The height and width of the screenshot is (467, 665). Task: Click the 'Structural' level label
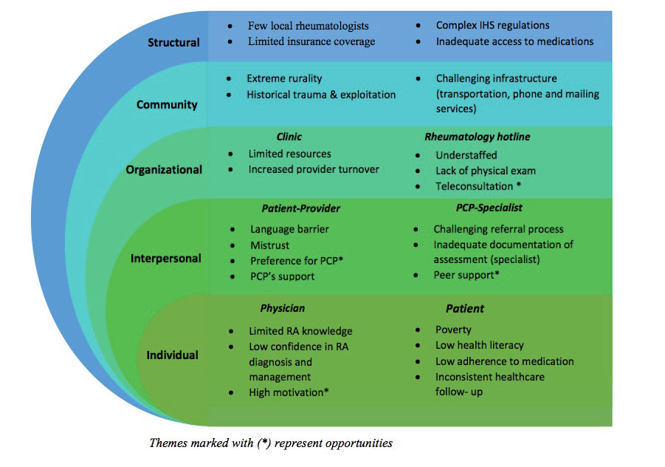pos(173,42)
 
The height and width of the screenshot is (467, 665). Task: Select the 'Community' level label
pos(167,104)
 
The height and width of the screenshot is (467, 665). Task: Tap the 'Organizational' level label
pos(164,169)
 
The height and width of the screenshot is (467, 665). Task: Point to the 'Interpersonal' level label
pos(166,259)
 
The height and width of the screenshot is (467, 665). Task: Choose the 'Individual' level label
pos(172,355)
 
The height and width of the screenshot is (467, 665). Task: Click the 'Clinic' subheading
pos(289,137)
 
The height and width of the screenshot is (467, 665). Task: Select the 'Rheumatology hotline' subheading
pos(477,137)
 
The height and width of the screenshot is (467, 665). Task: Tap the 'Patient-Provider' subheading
pos(300,208)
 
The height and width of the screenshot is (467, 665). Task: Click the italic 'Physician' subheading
pos(282,308)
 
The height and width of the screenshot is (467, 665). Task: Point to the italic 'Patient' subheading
pos(464,308)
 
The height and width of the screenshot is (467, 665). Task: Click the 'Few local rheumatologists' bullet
pos(308,26)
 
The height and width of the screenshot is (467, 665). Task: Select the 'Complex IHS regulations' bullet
pos(492,26)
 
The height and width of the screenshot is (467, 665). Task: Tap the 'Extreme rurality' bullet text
pos(284,78)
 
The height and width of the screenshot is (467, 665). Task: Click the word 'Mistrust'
pos(269,245)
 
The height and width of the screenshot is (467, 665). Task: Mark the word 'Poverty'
pos(453,330)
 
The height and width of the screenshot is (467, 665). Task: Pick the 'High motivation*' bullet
pos(289,392)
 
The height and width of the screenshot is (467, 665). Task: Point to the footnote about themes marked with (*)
pos(270,443)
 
